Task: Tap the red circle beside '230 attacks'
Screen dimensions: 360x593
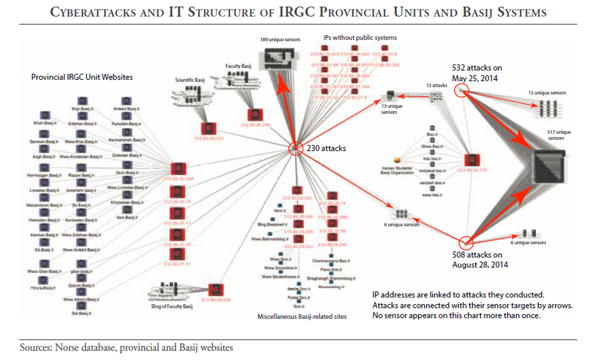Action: (295, 148)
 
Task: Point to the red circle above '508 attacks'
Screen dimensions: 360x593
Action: (466, 242)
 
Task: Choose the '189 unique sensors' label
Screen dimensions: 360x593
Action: (278, 39)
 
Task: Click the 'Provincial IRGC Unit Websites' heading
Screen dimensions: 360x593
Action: (82, 77)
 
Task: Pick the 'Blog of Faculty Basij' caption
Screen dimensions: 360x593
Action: (171, 307)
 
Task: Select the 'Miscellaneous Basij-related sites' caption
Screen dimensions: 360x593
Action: (302, 316)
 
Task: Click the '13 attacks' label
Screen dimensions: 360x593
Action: (437, 86)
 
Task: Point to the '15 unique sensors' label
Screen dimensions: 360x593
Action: (547, 92)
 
